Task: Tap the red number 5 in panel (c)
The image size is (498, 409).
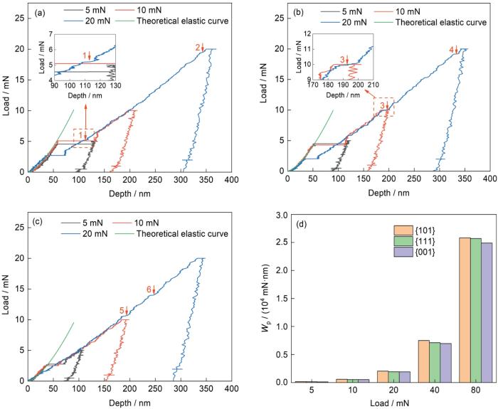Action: tap(122, 310)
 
